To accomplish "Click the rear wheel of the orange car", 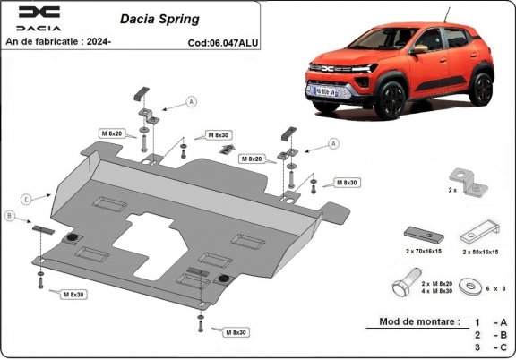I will point(482,89).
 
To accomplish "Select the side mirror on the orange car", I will point(419,47).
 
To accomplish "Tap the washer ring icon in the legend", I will point(469,287).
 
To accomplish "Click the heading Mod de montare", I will point(419,321).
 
